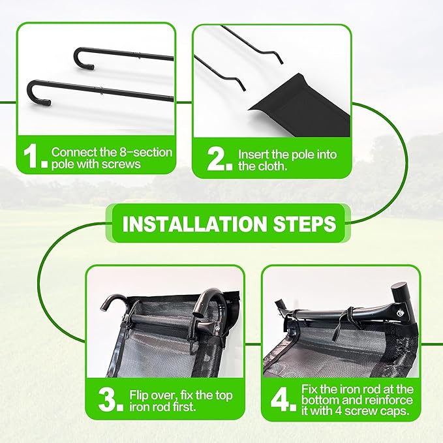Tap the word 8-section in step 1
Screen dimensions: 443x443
pyautogui.click(x=149, y=151)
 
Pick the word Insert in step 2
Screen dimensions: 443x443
pyautogui.click(x=254, y=155)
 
